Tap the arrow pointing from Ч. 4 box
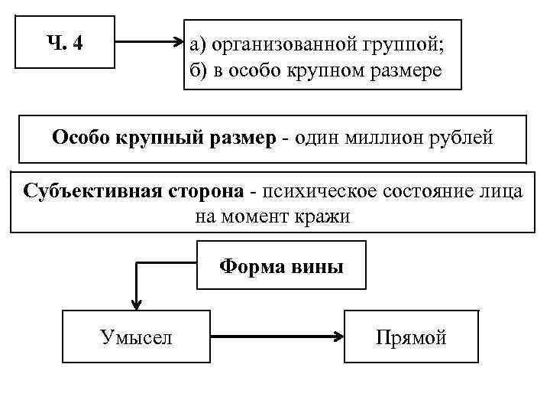(x=148, y=44)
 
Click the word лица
(x=503, y=190)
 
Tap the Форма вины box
(x=281, y=266)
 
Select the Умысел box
(x=136, y=337)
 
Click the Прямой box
(x=411, y=337)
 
